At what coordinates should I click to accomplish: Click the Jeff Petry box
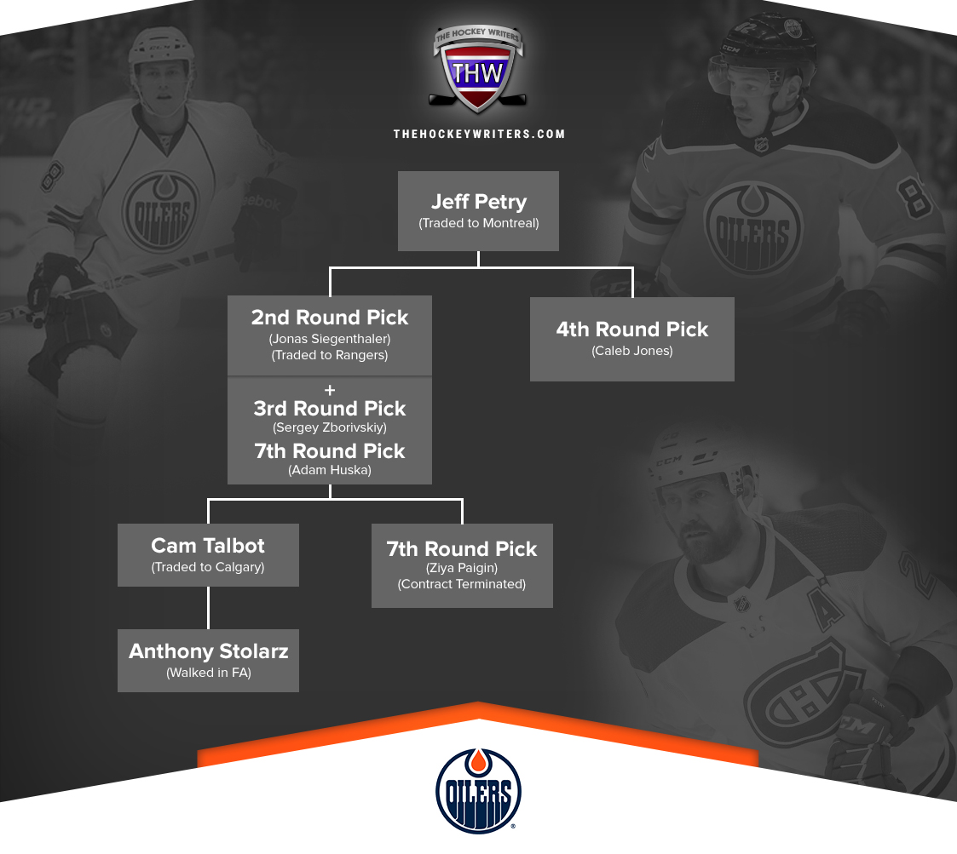[x=479, y=211]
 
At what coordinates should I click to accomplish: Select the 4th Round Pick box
[x=632, y=339]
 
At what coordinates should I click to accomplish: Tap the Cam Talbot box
[x=208, y=555]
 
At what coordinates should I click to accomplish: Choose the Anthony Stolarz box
[x=208, y=661]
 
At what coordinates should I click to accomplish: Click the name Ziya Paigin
[x=462, y=568]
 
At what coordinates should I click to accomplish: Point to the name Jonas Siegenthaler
[x=330, y=339]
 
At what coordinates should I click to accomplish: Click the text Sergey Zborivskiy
[x=330, y=427]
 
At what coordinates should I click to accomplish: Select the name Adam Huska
[x=330, y=470]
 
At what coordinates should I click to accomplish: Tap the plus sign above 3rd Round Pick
[x=330, y=390]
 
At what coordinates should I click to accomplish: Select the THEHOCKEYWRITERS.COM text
[x=479, y=135]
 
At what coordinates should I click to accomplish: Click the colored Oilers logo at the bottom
[x=479, y=791]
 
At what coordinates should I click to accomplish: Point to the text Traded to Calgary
[x=208, y=567]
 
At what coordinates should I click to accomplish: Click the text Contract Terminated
[x=462, y=584]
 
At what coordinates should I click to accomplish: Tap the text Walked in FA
[x=209, y=673]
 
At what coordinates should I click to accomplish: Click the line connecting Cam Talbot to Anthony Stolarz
[x=208, y=608]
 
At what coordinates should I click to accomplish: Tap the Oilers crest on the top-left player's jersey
[x=161, y=210]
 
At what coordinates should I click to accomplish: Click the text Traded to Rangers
[x=330, y=355]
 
